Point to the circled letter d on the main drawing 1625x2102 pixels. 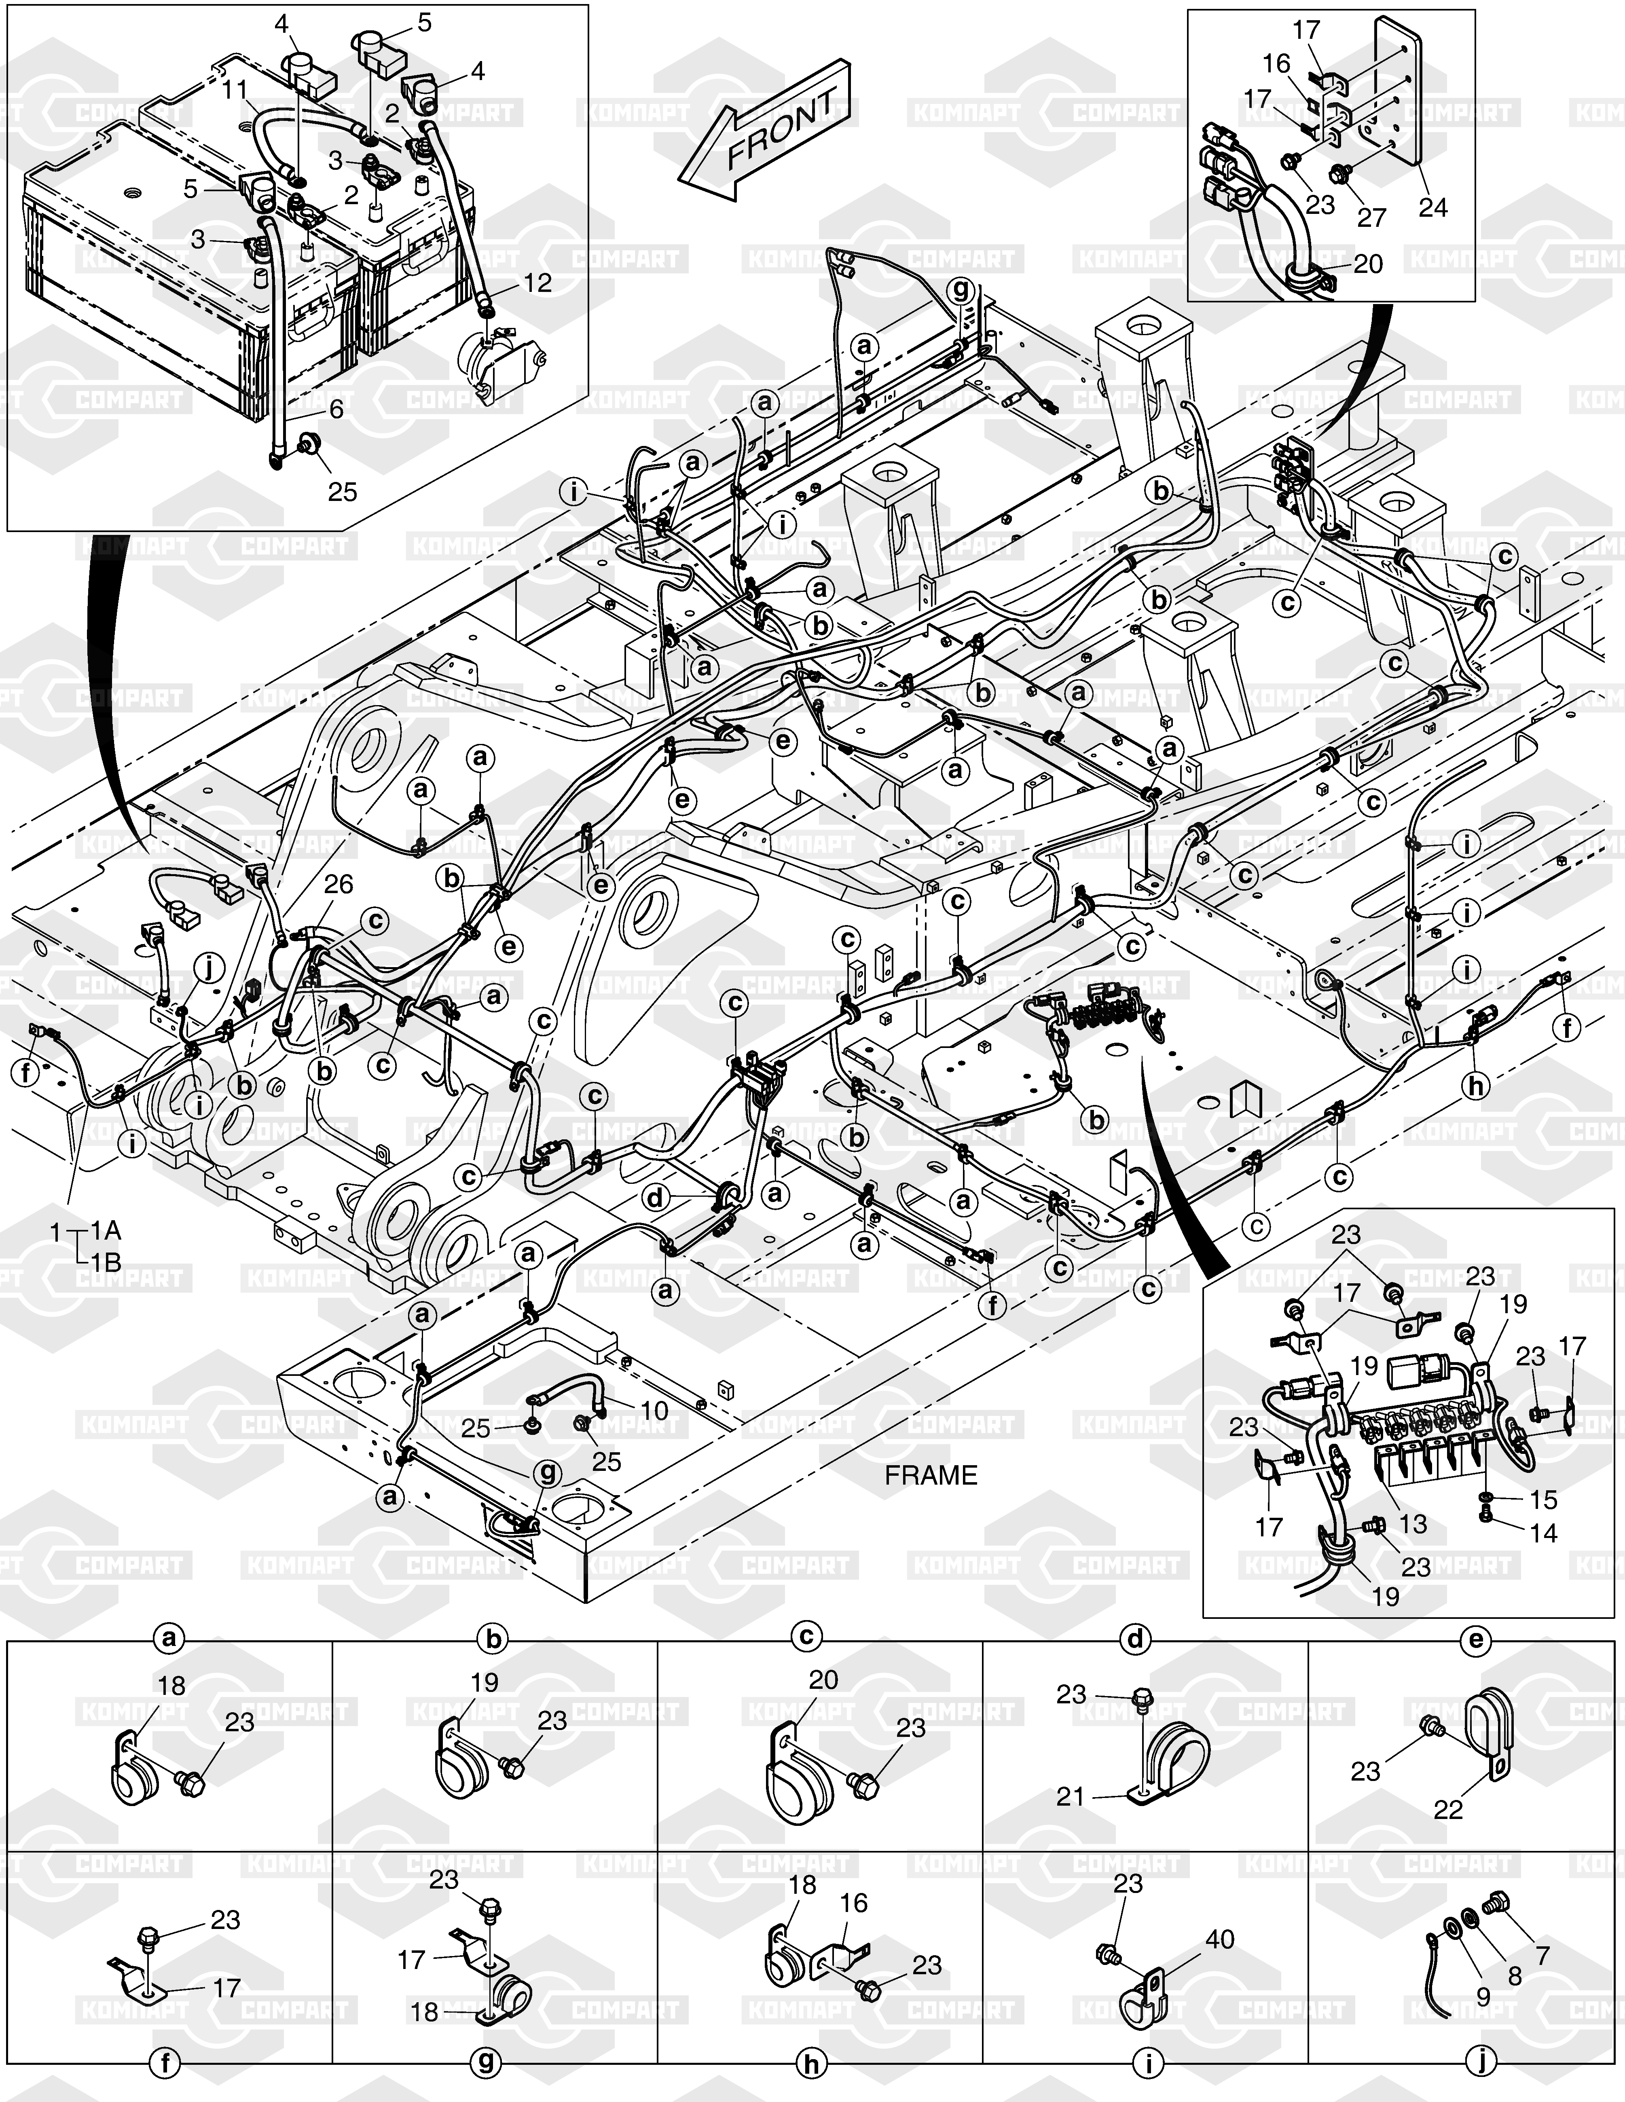point(655,1198)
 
